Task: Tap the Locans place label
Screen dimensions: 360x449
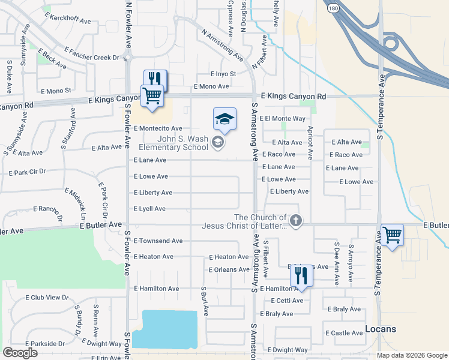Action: click(381, 329)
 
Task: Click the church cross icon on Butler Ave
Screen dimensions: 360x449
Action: click(295, 221)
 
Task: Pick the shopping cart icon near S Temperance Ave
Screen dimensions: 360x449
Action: click(392, 235)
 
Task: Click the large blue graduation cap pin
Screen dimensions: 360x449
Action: click(224, 118)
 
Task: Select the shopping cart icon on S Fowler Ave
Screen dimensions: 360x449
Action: click(152, 95)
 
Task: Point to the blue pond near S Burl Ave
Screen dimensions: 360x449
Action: click(164, 329)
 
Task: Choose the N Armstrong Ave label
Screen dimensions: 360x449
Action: click(222, 46)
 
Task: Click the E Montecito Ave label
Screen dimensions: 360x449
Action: click(158, 128)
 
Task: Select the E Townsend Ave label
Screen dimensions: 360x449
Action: click(158, 241)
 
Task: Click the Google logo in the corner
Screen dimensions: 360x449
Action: click(20, 353)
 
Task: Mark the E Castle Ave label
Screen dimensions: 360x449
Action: click(344, 333)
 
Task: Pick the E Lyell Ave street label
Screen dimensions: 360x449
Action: click(149, 209)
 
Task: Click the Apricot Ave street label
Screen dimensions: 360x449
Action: click(310, 143)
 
